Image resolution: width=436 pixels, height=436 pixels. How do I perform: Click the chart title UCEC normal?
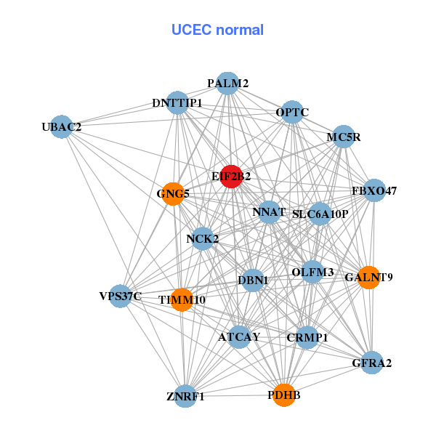point(217,30)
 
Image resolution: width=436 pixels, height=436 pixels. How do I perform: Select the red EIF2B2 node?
point(230,177)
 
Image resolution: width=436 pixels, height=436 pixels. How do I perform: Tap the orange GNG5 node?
point(173,194)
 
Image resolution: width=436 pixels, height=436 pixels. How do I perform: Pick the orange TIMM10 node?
point(182,299)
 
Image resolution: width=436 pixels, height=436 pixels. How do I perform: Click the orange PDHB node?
point(284,395)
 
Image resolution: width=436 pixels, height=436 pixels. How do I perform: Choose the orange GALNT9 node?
point(369,277)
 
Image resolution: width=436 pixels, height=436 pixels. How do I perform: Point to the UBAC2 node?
point(62,127)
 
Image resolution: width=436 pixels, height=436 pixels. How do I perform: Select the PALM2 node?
point(228,84)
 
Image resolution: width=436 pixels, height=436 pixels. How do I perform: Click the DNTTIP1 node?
point(178,103)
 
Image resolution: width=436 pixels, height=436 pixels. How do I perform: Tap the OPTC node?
point(292,113)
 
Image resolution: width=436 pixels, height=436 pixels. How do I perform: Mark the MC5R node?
point(343,137)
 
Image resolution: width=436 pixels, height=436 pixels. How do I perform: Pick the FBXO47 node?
point(374,191)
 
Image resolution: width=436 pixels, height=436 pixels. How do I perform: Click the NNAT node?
point(269,212)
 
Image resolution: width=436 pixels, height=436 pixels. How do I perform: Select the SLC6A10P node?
point(320,214)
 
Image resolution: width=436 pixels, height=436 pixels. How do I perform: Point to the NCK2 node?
point(203,238)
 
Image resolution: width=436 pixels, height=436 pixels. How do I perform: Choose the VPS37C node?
point(121,296)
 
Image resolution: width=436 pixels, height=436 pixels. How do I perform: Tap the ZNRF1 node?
point(186,396)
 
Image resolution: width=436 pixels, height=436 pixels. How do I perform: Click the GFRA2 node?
point(371,363)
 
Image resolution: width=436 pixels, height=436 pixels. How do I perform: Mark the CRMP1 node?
point(307,337)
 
